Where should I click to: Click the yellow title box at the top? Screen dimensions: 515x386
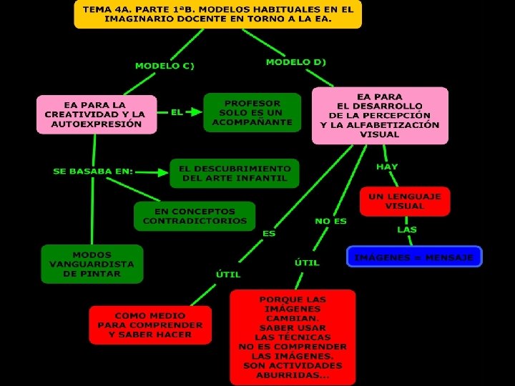pyautogui.click(x=217, y=14)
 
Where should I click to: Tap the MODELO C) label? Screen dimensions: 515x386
pyautogui.click(x=165, y=66)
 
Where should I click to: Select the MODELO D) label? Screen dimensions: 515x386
pyautogui.click(x=295, y=62)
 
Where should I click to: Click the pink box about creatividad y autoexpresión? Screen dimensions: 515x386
pyautogui.click(x=97, y=114)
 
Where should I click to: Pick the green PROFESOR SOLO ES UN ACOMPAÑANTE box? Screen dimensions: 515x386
pyautogui.click(x=252, y=113)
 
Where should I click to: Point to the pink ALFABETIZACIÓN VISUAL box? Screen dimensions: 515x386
pyautogui.click(x=380, y=115)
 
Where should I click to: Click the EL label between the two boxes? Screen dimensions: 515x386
pyautogui.click(x=177, y=112)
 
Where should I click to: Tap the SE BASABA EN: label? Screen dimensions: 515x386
pyautogui.click(x=93, y=172)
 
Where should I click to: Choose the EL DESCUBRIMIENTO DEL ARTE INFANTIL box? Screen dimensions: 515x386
pyautogui.click(x=235, y=173)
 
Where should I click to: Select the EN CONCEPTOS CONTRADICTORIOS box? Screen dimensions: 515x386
pyautogui.click(x=195, y=216)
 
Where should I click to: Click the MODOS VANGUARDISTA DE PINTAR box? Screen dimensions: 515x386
pyautogui.click(x=92, y=264)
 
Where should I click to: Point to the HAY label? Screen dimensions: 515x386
pyautogui.click(x=387, y=167)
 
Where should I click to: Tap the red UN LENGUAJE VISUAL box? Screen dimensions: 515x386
pyautogui.click(x=405, y=201)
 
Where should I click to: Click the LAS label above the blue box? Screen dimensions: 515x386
pyautogui.click(x=407, y=229)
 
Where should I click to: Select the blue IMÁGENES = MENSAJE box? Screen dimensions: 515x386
pyautogui.click(x=414, y=257)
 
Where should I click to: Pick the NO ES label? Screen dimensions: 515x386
pyautogui.click(x=330, y=221)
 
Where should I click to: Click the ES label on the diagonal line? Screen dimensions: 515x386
pyautogui.click(x=269, y=233)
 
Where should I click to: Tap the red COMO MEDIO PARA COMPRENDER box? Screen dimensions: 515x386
pyautogui.click(x=150, y=325)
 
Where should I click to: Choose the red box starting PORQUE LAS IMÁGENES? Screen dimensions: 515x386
pyautogui.click(x=293, y=337)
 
